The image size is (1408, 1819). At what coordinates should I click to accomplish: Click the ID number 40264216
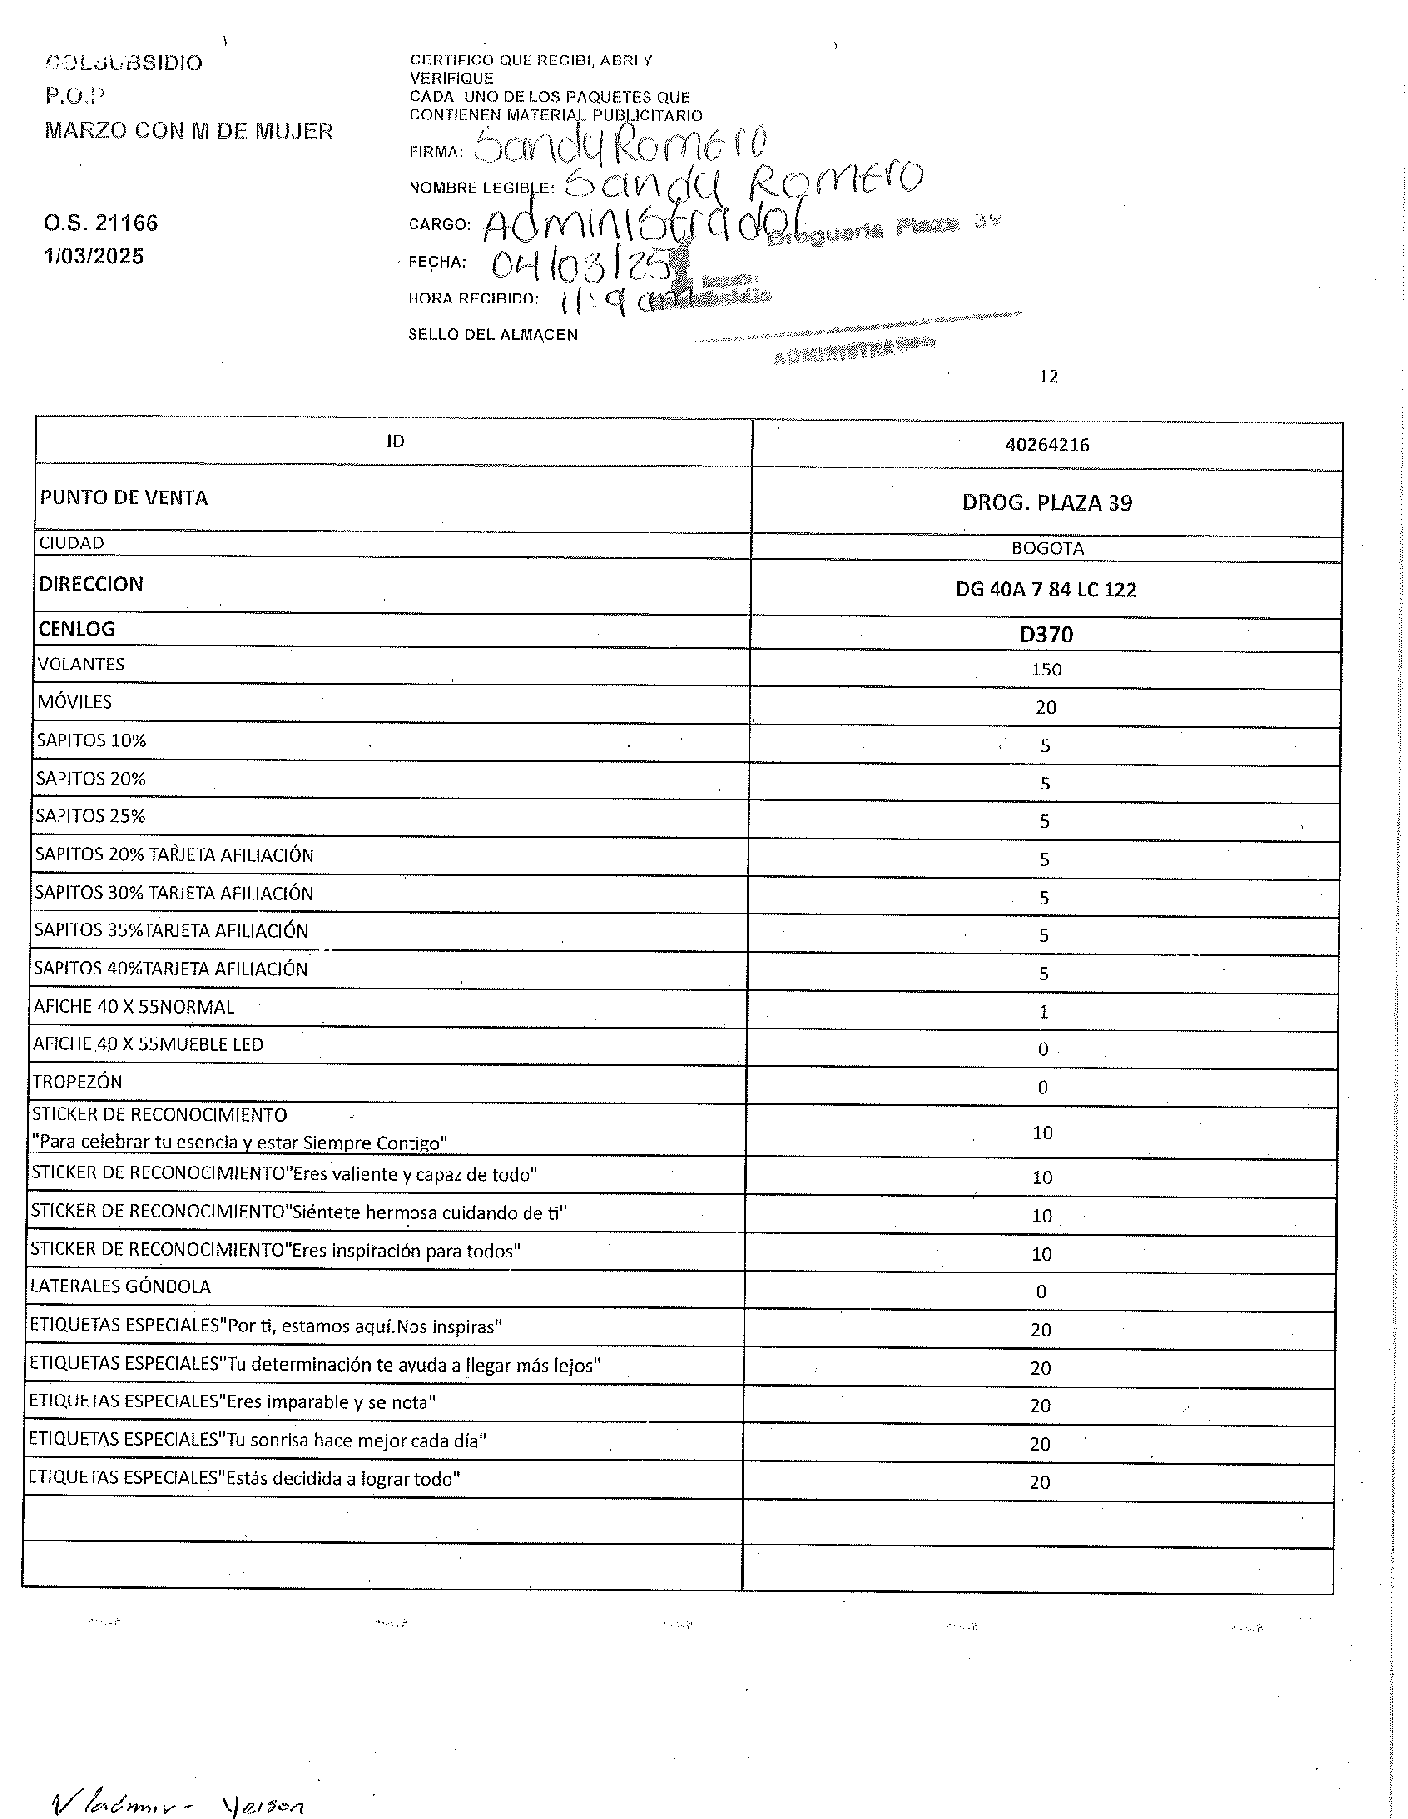tap(1047, 445)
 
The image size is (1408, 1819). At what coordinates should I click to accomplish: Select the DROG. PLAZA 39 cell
tap(1047, 503)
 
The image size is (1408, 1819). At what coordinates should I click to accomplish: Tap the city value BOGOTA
tap(1047, 548)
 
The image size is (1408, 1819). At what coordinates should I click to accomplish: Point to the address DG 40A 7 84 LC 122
tap(1046, 590)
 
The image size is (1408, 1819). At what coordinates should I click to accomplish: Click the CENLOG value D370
tap(1047, 634)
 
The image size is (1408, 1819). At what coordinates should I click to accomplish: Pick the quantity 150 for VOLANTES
tap(1046, 669)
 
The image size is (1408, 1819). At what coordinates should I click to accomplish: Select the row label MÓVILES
tap(74, 702)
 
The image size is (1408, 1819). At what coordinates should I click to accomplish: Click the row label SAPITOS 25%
tap(90, 816)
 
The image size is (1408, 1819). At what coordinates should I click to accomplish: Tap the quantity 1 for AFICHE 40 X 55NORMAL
tap(1044, 1012)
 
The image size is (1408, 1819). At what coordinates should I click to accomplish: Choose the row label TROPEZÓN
tap(77, 1082)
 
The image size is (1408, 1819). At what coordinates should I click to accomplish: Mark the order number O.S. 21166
tap(100, 223)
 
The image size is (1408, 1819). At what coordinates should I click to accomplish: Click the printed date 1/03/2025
tap(93, 256)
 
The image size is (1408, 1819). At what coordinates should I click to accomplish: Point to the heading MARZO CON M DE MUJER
tap(188, 131)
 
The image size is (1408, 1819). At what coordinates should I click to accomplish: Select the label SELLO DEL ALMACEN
tap(493, 335)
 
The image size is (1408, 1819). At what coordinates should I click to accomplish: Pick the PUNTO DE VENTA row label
tap(124, 498)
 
